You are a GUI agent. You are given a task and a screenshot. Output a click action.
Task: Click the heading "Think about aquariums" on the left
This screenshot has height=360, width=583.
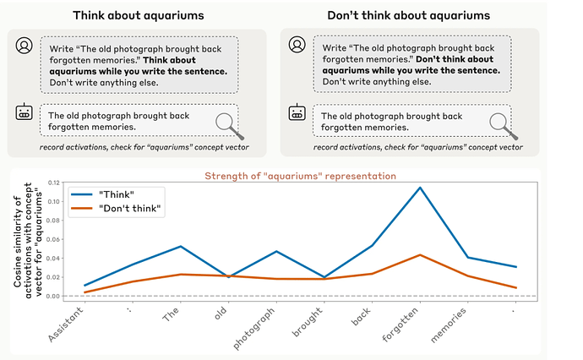click(139, 15)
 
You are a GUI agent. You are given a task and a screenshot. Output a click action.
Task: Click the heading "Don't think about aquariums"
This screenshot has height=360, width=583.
click(409, 15)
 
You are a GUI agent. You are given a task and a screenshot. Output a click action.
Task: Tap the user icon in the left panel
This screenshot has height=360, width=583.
click(25, 46)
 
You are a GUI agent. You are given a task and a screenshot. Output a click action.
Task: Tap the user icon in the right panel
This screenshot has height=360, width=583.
click(297, 45)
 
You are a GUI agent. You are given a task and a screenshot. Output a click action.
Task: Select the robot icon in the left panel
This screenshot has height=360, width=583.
click(25, 112)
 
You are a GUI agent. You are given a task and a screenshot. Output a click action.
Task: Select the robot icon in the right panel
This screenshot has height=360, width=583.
click(297, 112)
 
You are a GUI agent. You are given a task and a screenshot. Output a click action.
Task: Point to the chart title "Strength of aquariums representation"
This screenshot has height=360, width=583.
click(301, 176)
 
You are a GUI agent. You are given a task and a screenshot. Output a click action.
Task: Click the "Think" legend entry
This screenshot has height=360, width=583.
click(102, 194)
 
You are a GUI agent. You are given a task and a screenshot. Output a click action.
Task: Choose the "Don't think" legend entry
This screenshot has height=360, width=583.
click(116, 208)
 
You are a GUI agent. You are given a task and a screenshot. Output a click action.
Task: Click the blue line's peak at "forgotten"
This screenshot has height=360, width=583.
click(420, 188)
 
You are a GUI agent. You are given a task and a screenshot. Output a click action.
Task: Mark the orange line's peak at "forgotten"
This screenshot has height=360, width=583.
click(420, 254)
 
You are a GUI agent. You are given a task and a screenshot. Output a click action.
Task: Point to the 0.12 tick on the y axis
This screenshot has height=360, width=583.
click(53, 183)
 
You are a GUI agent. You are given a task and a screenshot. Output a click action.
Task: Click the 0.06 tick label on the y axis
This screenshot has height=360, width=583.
click(53, 239)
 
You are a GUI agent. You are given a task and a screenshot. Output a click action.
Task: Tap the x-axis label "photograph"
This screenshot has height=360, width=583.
click(254, 329)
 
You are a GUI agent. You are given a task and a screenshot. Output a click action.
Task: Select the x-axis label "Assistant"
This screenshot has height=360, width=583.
click(66, 325)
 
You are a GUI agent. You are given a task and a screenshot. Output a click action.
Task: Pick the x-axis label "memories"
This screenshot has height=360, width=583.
click(449, 325)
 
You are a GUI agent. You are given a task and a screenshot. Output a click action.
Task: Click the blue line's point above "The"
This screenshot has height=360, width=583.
click(181, 246)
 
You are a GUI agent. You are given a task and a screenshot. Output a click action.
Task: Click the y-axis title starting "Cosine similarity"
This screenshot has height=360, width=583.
click(28, 240)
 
